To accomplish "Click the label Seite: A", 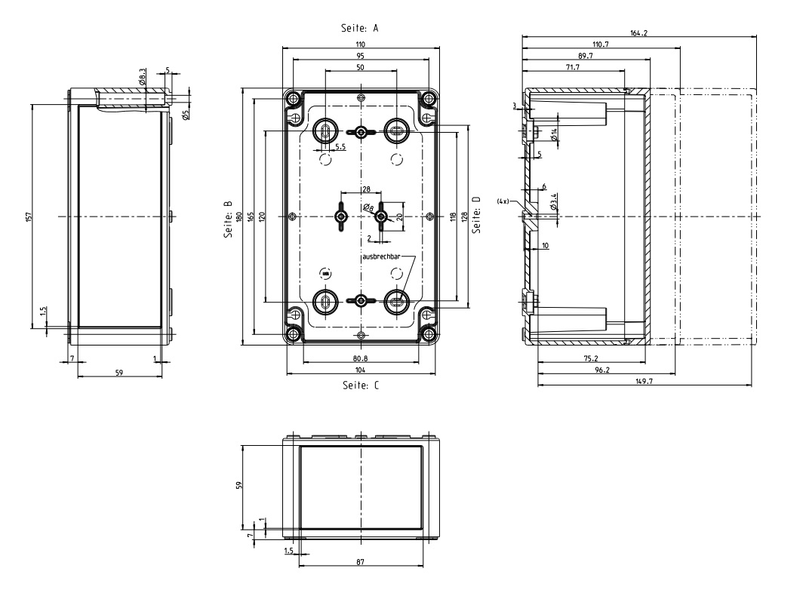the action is (x=360, y=28).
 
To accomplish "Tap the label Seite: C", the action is (x=361, y=385).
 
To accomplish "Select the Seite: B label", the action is (x=228, y=220).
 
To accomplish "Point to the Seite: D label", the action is (x=476, y=214).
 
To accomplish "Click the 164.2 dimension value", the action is (x=638, y=33).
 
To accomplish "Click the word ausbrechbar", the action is (x=381, y=256).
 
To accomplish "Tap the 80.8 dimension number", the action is (x=360, y=358).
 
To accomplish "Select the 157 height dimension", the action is (x=29, y=217).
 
